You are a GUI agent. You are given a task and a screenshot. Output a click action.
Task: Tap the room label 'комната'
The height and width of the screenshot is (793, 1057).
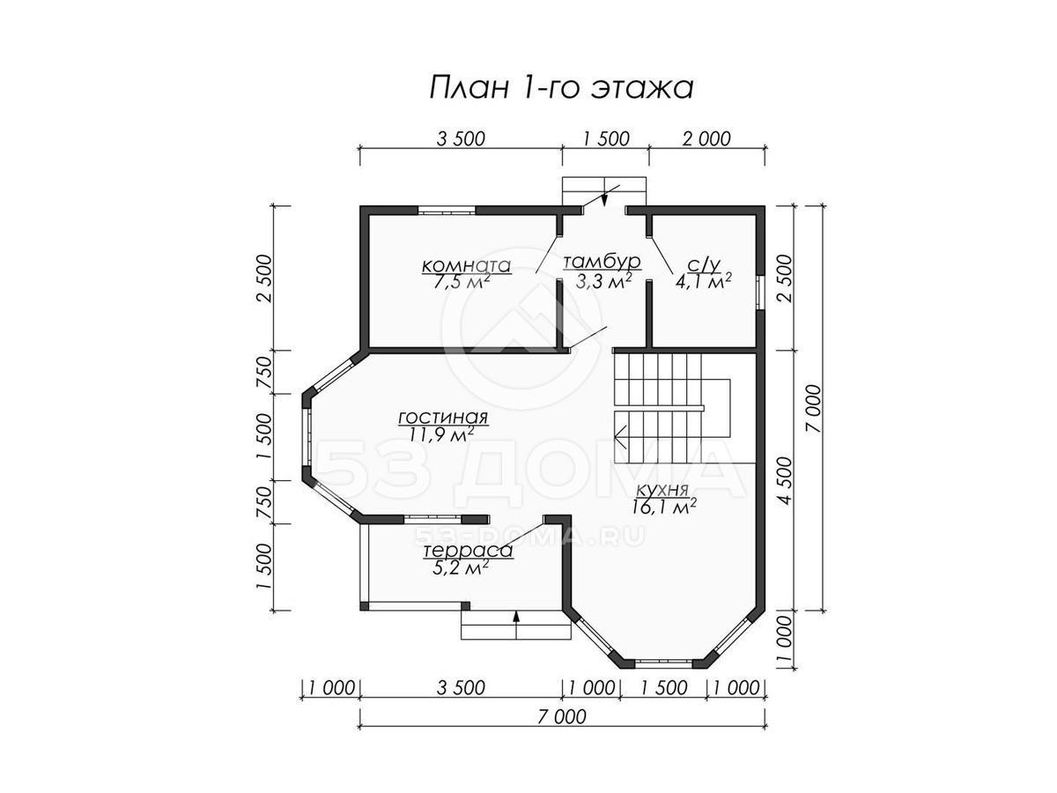tap(466, 265)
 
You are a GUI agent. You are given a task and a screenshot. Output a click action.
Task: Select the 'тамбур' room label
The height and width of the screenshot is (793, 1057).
tap(602, 262)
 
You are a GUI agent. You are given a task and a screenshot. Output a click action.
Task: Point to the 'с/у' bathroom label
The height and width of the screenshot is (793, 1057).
tap(704, 265)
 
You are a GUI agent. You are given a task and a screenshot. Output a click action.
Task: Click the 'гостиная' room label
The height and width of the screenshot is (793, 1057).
tap(443, 417)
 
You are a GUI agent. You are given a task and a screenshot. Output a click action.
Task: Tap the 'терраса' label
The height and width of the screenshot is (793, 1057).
tap(468, 551)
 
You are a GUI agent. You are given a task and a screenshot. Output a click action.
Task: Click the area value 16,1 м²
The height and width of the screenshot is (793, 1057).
tap(664, 506)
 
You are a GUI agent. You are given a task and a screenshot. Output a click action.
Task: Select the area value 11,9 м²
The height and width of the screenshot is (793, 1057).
tap(441, 434)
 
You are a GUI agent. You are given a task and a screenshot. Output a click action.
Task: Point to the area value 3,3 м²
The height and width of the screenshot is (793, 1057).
tap(603, 281)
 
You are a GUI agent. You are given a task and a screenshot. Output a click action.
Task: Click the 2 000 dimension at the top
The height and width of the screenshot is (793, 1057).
tap(706, 139)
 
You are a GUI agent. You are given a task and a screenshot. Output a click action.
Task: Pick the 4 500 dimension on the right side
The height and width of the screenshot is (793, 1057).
tap(784, 480)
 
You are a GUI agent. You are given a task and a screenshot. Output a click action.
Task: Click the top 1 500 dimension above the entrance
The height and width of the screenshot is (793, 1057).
tap(606, 139)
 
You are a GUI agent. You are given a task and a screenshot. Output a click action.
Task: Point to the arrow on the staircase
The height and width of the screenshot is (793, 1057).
tap(620, 436)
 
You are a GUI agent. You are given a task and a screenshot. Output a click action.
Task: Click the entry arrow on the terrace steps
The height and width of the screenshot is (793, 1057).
tap(516, 624)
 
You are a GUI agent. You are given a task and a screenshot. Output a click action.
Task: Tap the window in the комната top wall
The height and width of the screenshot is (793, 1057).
tap(446, 210)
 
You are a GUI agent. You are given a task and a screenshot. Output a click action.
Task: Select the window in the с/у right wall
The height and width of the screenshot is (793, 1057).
tap(760, 293)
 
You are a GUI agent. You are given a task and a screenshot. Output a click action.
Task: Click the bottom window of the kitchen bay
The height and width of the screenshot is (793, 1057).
tap(663, 664)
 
